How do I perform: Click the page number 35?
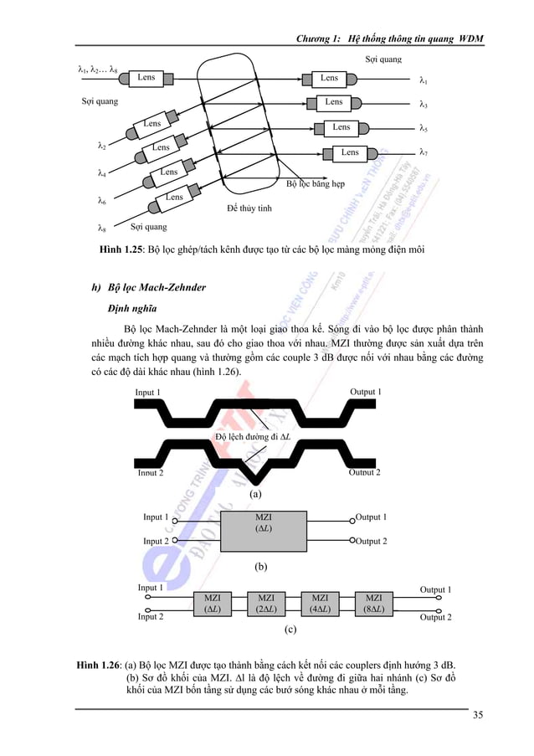[477, 714]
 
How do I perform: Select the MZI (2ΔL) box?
[266, 603]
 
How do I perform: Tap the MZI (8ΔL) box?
[373, 603]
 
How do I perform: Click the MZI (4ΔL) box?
[320, 603]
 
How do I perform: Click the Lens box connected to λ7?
[350, 152]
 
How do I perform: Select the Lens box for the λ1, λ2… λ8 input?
[146, 78]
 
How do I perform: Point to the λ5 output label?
[424, 129]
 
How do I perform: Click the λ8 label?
[101, 227]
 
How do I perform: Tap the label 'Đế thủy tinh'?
[249, 207]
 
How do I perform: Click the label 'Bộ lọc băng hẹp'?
[316, 183]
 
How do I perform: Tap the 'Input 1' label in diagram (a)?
[148, 392]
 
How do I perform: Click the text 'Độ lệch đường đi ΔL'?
[253, 436]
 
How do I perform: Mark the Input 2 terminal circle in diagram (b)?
[175, 541]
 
